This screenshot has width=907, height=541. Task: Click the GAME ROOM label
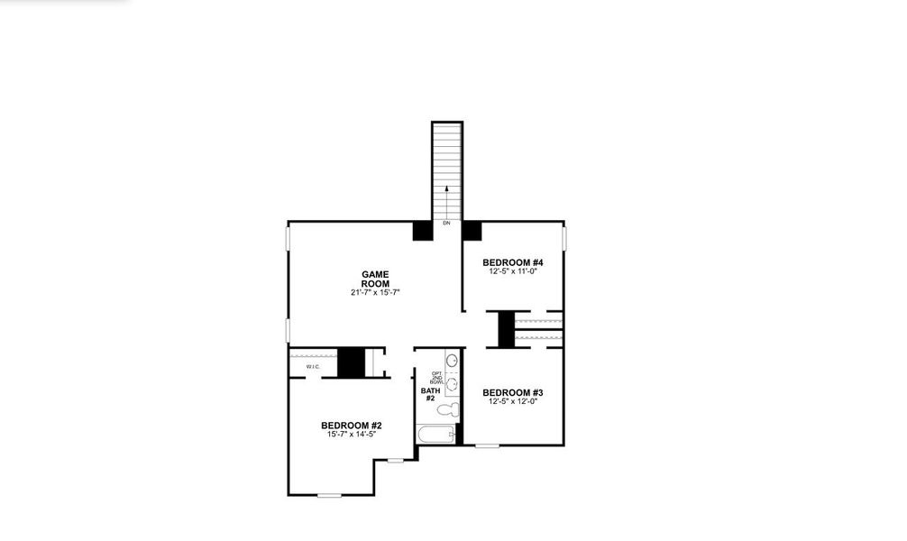pos(375,278)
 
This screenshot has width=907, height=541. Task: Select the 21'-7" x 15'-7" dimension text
pos(375,292)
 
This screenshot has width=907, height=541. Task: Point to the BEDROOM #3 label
pos(512,392)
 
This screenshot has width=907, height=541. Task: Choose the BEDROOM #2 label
pos(352,425)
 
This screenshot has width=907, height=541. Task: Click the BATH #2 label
pos(429,394)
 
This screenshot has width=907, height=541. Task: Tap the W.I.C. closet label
pos(313,367)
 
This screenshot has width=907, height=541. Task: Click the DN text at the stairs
pos(446,223)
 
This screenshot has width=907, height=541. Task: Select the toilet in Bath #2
pos(448,410)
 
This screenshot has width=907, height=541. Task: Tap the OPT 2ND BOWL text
pos(437,377)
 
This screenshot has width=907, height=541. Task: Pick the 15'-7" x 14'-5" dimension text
pos(352,434)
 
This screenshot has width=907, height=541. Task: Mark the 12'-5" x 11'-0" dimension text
pos(512,270)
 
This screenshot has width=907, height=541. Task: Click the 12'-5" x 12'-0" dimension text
pos(512,401)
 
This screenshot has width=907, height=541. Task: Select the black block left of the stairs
pos(422,231)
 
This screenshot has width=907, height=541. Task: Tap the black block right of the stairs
pos(472,231)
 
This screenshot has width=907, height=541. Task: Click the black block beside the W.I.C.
pos(350,362)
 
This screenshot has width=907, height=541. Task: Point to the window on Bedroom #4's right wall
pos(564,238)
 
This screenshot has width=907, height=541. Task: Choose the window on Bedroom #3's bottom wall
pos(487,445)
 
